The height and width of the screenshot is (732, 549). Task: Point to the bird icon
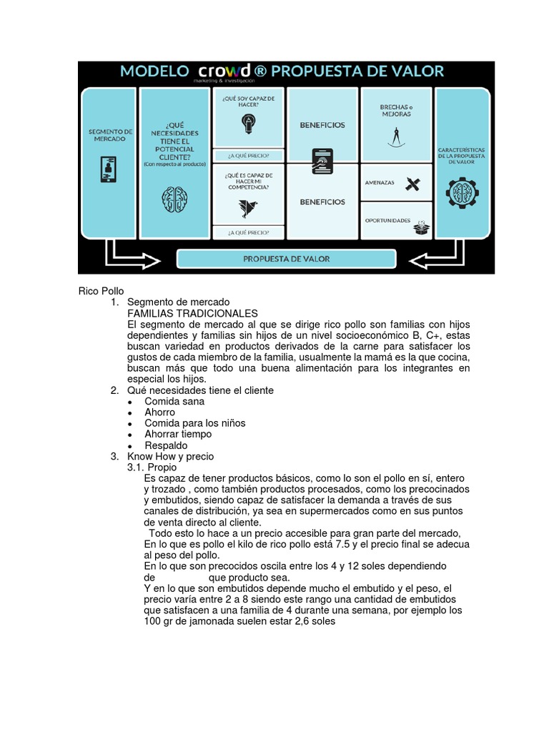tap(249, 207)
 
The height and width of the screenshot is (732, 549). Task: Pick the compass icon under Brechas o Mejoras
tap(396, 135)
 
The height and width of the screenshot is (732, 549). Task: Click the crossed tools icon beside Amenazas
tap(412, 184)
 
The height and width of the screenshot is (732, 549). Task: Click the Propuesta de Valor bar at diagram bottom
tap(286, 259)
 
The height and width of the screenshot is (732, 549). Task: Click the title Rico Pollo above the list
tap(101, 292)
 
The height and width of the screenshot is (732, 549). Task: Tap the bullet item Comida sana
tap(174, 402)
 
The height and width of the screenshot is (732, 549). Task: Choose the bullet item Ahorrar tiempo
tap(178, 434)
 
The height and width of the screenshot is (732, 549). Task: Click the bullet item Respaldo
tap(166, 445)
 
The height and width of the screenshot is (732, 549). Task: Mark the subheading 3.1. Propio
tap(152, 467)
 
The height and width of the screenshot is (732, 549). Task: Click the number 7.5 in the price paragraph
tap(345, 544)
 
